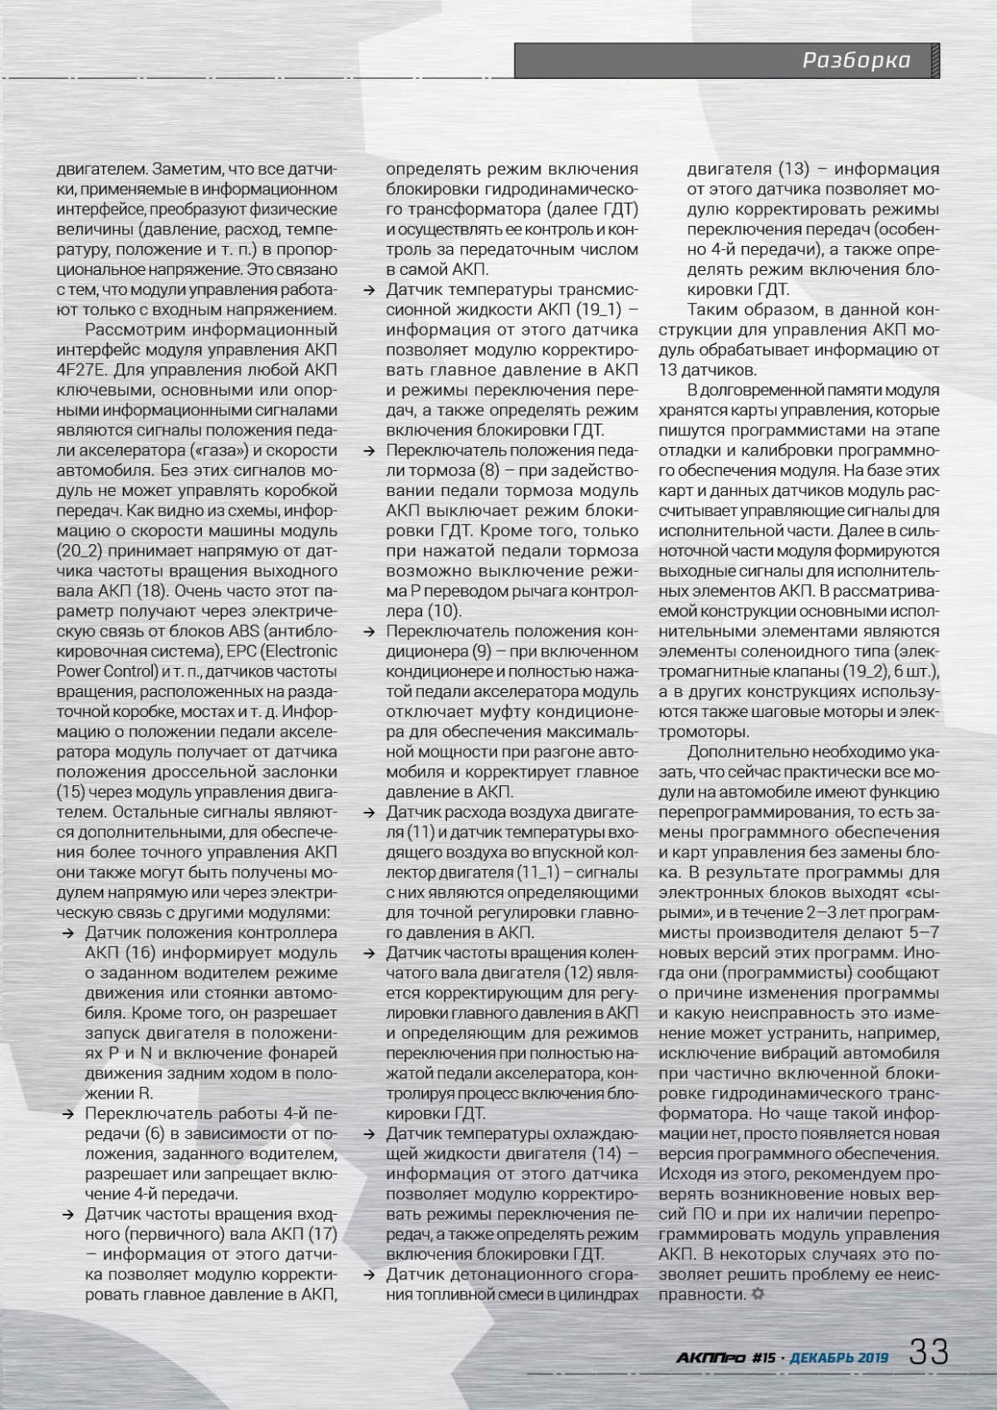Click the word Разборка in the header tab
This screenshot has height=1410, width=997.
point(856,61)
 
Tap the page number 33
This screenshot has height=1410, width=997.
point(929,1352)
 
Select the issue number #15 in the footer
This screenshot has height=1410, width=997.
point(762,1358)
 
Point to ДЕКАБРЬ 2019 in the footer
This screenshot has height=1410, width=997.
point(838,1358)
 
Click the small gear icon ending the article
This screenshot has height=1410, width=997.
point(756,1295)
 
